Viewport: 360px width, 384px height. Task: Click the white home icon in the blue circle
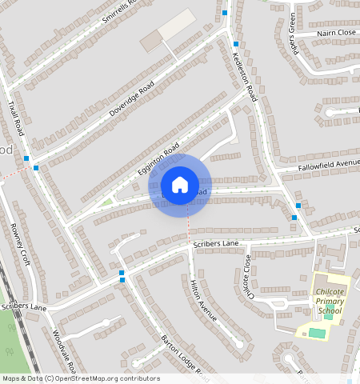tap(180, 185)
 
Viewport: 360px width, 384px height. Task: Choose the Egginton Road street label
tap(158, 161)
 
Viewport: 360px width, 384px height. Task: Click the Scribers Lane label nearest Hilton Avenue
tap(216, 242)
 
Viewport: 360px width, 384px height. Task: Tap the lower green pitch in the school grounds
tap(318, 332)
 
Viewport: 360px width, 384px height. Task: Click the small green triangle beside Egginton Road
tap(107, 202)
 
